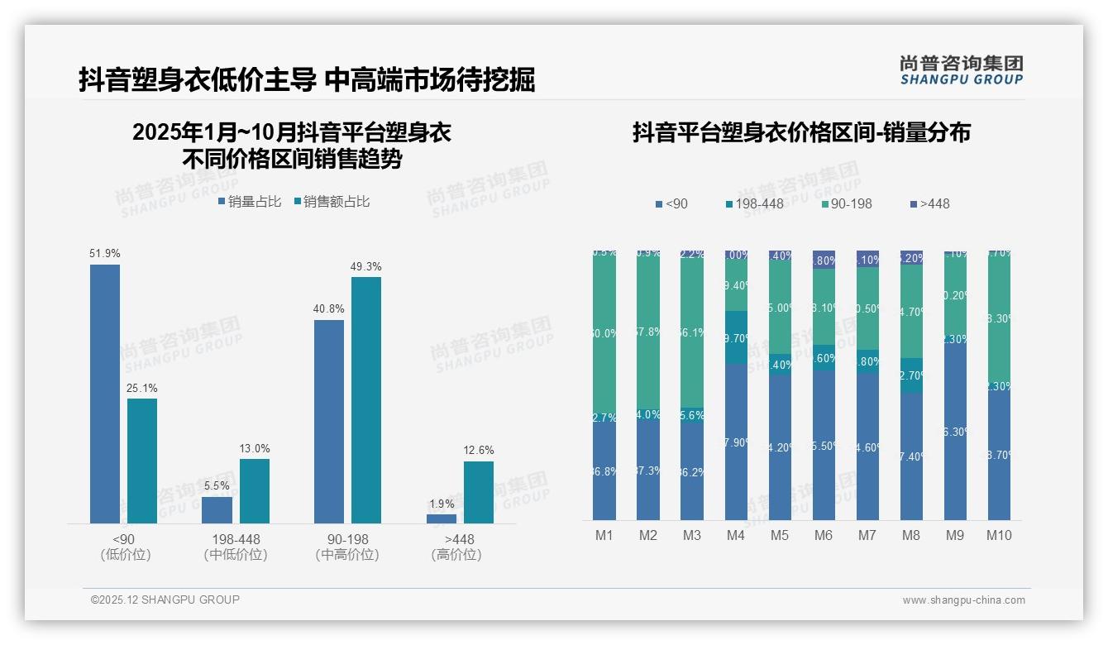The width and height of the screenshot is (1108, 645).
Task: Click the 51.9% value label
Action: click(104, 253)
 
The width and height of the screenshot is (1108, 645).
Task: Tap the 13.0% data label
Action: click(255, 448)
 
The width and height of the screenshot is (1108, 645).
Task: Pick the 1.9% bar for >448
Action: click(442, 518)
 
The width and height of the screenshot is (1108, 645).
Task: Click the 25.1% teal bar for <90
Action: click(142, 461)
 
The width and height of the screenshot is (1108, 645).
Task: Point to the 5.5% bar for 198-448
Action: click(217, 509)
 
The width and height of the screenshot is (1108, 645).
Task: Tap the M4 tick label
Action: click(736, 535)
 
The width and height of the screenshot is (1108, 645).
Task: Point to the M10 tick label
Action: click(999, 535)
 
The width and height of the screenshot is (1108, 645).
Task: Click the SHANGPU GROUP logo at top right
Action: click(961, 70)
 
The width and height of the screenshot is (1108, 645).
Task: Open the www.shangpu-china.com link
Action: click(963, 600)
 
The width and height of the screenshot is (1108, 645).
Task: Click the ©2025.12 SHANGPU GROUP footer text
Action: click(165, 600)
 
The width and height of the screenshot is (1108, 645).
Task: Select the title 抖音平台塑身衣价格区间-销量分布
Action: click(801, 132)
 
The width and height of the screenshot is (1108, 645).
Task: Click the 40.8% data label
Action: click(328, 308)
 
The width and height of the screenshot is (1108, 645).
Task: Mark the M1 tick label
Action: click(604, 535)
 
